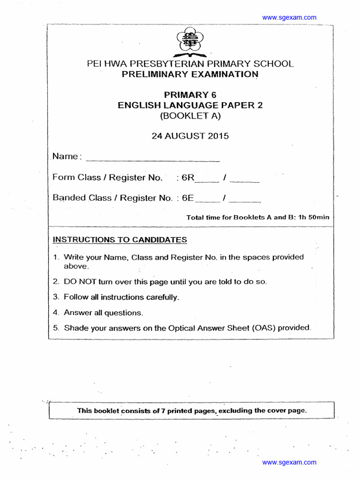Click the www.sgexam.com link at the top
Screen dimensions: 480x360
coord(289,17)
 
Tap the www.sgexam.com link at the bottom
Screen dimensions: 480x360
coord(289,462)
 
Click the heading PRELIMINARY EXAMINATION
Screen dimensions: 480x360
coord(190,75)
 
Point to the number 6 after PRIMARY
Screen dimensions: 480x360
coord(214,95)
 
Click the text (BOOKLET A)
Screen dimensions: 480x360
coord(190,116)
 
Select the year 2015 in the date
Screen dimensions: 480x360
coord(218,136)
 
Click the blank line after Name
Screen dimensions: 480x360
coord(153,158)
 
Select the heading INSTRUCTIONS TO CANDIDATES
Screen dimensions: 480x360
coord(120,240)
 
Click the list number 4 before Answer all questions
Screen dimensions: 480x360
coord(55,313)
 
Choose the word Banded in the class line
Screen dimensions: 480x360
coord(69,198)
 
